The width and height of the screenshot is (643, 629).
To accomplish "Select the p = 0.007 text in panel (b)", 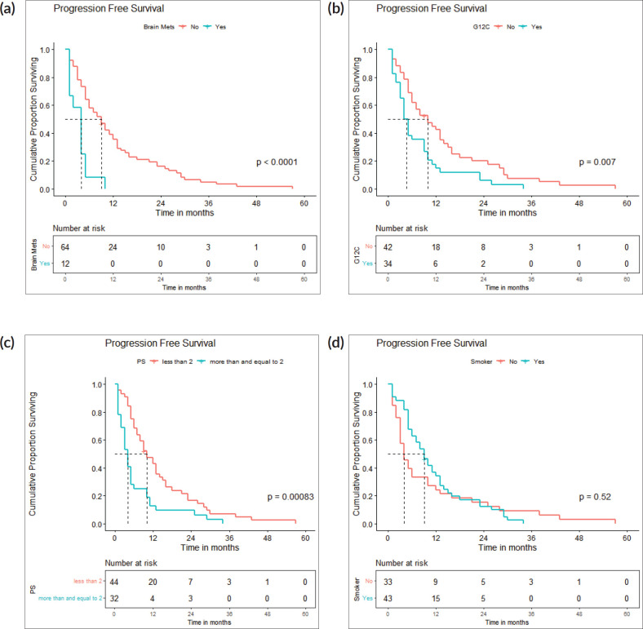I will coord(596,162).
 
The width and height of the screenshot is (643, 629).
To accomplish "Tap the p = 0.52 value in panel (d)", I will coord(596,496).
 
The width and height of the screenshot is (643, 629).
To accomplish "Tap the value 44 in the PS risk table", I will coord(115,582).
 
